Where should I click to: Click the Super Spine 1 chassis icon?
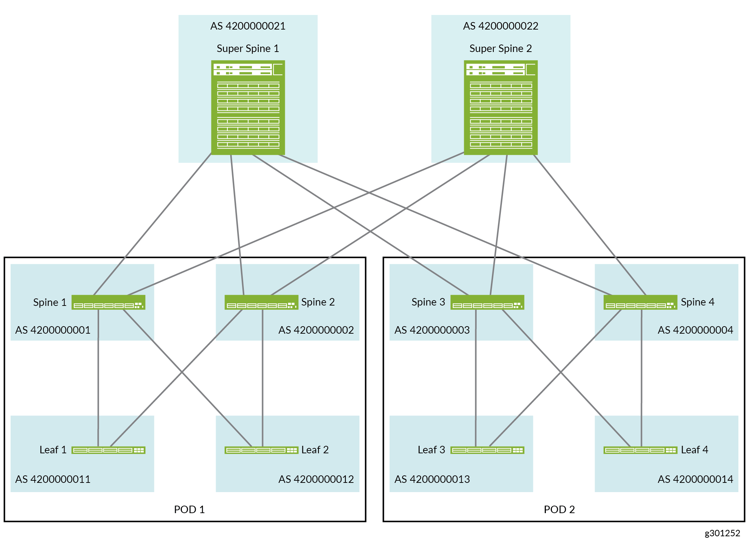[x=248, y=108]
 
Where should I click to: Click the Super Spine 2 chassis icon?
[x=501, y=108]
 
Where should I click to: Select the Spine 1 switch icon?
[x=108, y=302]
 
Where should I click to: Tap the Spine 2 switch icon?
[x=261, y=302]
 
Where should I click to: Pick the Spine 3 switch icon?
[x=487, y=302]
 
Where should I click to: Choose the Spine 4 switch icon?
[x=640, y=302]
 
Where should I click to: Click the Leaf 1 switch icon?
[x=108, y=450]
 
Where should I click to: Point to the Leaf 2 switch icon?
[x=261, y=450]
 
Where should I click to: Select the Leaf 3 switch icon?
[x=487, y=450]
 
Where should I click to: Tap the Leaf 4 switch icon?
[x=640, y=450]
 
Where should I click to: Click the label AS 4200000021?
[x=248, y=26]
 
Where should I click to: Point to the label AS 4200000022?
[x=501, y=26]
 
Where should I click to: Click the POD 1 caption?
[x=189, y=510]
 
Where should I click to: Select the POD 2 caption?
[x=559, y=510]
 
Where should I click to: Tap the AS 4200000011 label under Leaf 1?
[x=53, y=479]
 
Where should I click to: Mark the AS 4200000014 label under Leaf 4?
[x=695, y=479]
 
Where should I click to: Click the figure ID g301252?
[x=722, y=533]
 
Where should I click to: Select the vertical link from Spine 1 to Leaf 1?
[x=98, y=377]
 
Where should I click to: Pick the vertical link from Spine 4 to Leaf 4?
[x=641, y=377]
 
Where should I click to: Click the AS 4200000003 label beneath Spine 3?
[x=432, y=330]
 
